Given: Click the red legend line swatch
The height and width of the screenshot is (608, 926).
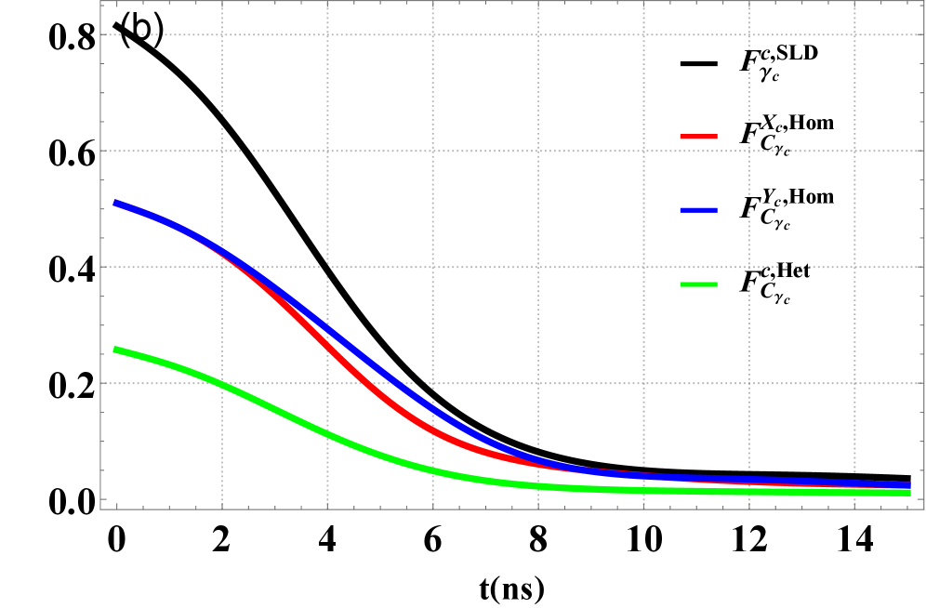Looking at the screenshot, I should (698, 137).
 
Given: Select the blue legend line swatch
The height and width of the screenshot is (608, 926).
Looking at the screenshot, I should (698, 210).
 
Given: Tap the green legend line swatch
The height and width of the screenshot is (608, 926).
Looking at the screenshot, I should (698, 284).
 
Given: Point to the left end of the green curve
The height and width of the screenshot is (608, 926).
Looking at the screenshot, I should (114, 350).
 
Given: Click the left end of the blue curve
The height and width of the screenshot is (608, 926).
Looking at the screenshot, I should (114, 203).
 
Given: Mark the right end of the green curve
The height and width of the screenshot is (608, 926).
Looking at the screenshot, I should (909, 492).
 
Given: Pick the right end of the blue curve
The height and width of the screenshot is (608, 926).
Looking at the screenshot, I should (909, 485).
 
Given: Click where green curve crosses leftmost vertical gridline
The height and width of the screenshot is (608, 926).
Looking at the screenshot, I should (222, 383).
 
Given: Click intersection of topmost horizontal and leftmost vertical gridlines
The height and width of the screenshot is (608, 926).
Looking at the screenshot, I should (222, 35).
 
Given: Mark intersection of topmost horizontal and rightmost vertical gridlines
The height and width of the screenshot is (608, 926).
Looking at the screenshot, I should (854, 35).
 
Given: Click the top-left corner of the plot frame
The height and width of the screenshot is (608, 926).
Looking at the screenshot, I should (100, 2).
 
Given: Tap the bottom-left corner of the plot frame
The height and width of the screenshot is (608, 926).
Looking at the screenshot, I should (100, 509).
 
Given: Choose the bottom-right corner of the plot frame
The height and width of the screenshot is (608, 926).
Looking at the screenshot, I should (923, 509).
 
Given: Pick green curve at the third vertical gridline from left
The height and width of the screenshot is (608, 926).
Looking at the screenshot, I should (432, 470).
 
